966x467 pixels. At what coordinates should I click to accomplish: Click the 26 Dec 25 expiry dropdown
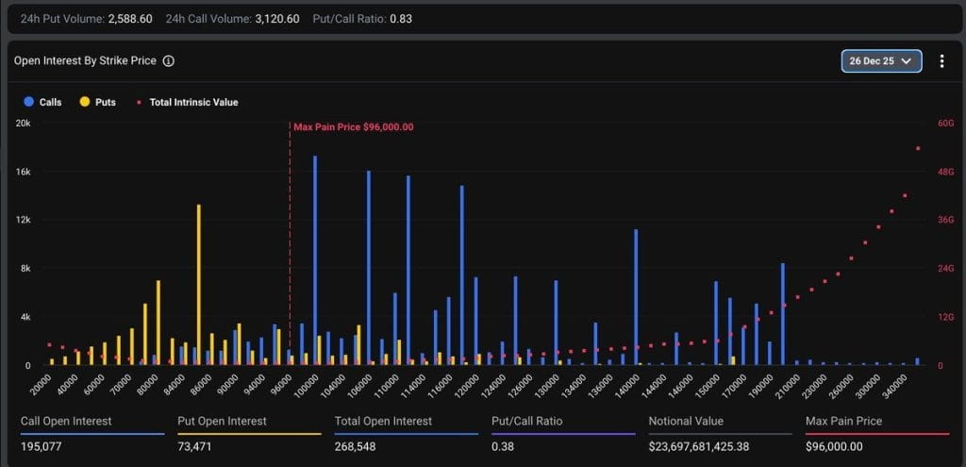tap(881, 61)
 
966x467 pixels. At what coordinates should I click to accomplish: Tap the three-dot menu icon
tap(941, 61)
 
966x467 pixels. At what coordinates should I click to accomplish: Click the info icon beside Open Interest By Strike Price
tap(168, 61)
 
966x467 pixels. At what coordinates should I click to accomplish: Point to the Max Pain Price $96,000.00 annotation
tap(353, 126)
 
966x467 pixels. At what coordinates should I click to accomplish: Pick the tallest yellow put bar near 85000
tap(199, 283)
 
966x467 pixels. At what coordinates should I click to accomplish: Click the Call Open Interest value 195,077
tap(41, 445)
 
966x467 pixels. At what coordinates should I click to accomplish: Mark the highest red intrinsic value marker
tap(918, 148)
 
